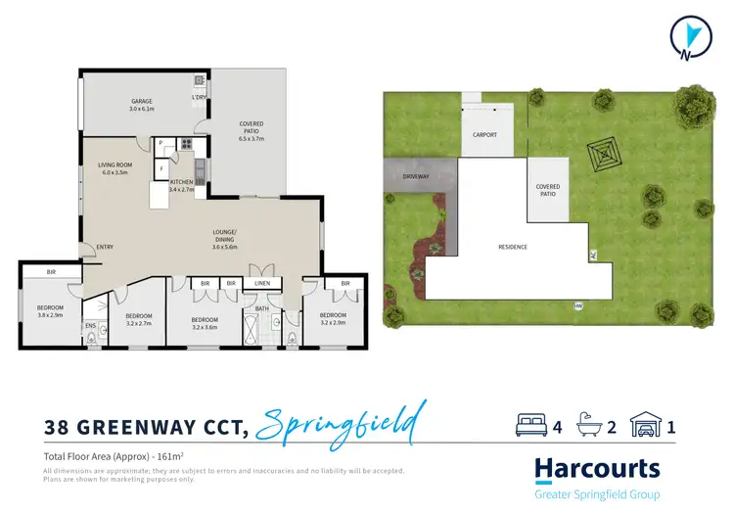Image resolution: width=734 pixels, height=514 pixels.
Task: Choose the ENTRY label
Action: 104,247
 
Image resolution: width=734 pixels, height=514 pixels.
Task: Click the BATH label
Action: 261,308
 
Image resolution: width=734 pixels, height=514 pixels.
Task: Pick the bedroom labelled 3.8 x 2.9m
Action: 44,309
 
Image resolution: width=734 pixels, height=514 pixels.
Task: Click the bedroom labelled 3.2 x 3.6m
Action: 205,323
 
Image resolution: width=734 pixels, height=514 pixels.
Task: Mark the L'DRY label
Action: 200,98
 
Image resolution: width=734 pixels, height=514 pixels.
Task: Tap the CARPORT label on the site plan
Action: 484,134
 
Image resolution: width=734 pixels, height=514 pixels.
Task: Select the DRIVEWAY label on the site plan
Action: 416,176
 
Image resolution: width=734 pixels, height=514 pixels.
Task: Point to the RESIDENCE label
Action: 512,247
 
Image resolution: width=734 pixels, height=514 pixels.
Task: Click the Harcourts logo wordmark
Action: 597,469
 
